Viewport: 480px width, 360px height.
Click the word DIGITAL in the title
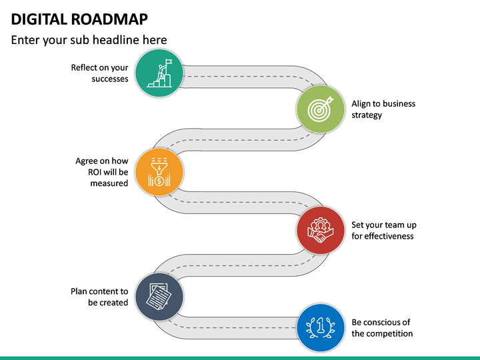click(39, 19)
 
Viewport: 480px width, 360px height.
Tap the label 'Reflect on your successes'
click(100, 73)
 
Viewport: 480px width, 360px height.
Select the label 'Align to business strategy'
click(383, 109)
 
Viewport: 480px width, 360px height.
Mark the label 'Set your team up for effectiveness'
click(384, 231)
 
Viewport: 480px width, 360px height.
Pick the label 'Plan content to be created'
click(99, 297)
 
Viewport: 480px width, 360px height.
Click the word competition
click(390, 333)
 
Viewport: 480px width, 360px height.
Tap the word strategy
click(367, 115)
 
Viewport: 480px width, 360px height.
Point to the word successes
click(110, 79)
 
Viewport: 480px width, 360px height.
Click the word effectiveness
click(389, 236)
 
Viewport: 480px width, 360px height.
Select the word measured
click(109, 183)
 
